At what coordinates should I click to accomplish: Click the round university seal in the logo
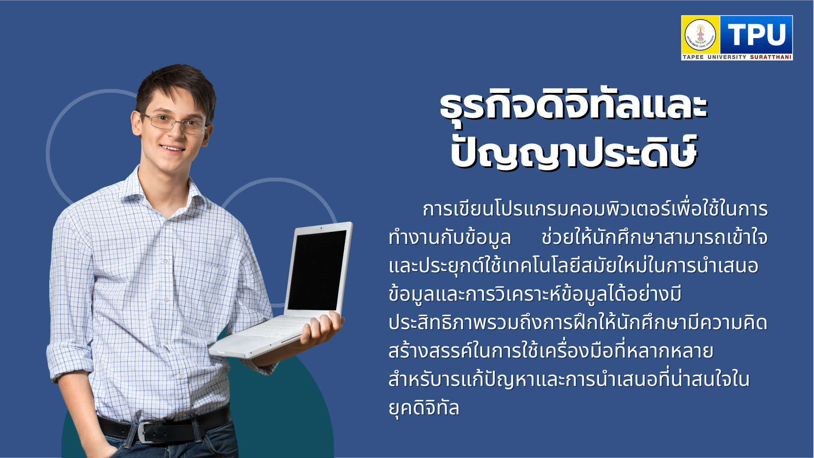tap(700, 35)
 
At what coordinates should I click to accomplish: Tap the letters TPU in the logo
tap(757, 34)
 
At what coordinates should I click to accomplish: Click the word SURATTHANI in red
tap(771, 57)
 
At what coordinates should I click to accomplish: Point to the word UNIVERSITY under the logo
tap(727, 57)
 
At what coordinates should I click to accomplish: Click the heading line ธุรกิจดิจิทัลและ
tap(574, 107)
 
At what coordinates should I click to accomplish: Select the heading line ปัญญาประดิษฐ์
tap(574, 152)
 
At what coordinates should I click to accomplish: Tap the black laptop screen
tap(317, 270)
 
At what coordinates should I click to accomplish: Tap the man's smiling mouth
tap(173, 148)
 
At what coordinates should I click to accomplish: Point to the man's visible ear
tap(136, 123)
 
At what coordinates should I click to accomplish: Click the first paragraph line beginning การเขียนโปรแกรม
tap(595, 209)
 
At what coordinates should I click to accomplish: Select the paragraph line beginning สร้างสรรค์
tap(551, 351)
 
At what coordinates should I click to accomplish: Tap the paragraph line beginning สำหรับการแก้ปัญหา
tap(569, 380)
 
